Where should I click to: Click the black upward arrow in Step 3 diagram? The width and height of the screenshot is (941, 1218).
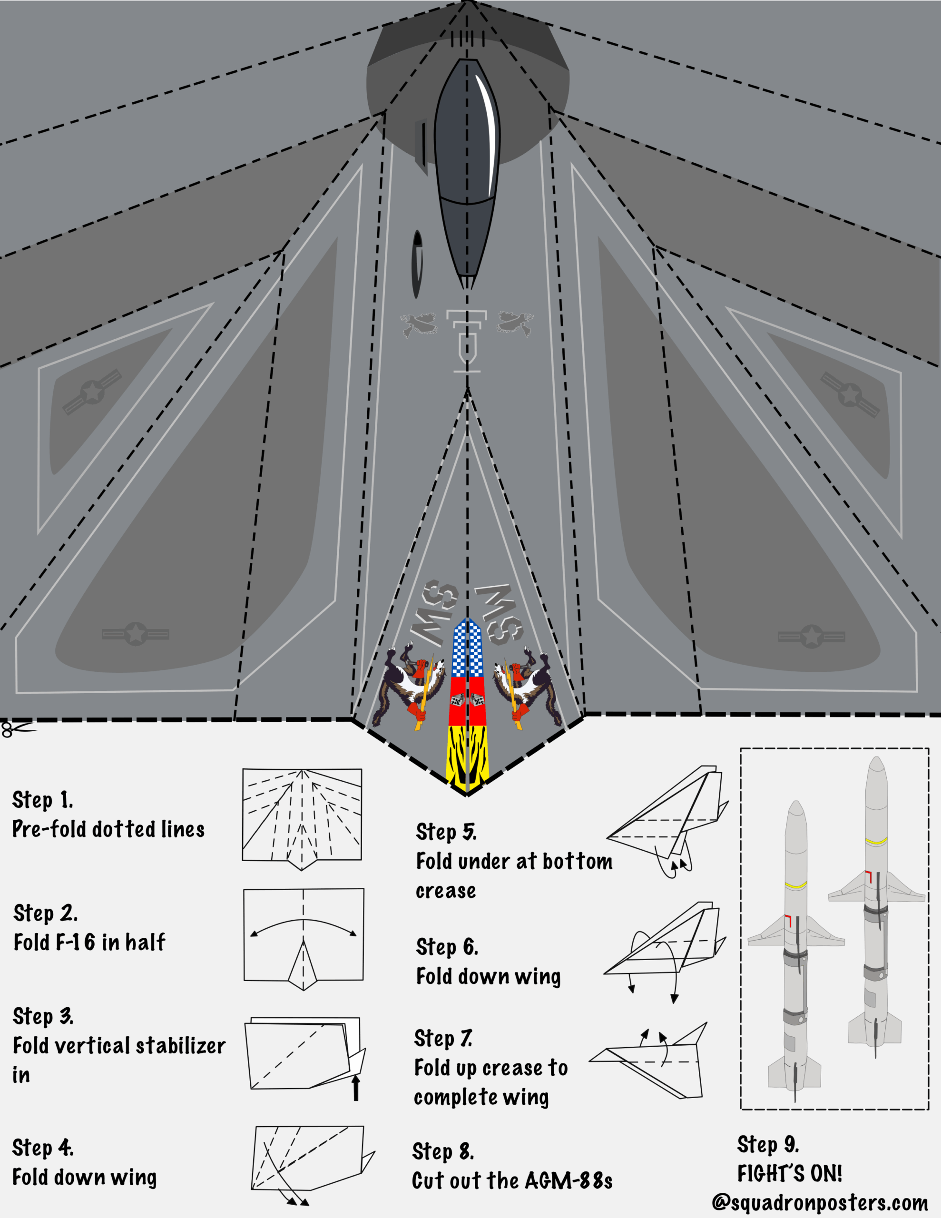356,1087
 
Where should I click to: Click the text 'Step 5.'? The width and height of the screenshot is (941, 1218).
446,832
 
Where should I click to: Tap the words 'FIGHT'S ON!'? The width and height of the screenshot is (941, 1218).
789,1173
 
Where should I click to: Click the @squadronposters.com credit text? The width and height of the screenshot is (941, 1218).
820,1202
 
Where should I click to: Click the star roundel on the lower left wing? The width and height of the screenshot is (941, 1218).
136,634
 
